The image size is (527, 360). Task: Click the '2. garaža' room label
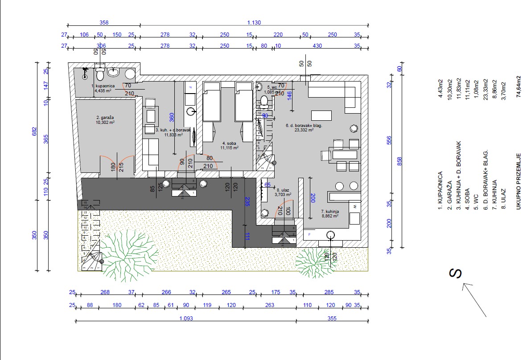coord(105,119)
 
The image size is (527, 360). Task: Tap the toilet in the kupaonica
coord(100,74)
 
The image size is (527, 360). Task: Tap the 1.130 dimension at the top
coord(254,23)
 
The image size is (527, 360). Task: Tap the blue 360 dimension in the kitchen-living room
coord(171,117)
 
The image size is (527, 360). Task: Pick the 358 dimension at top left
coord(104,23)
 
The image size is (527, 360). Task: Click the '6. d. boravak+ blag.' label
coord(304,126)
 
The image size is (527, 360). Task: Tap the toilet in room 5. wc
coord(264,102)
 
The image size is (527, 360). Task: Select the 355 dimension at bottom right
coord(332,319)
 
